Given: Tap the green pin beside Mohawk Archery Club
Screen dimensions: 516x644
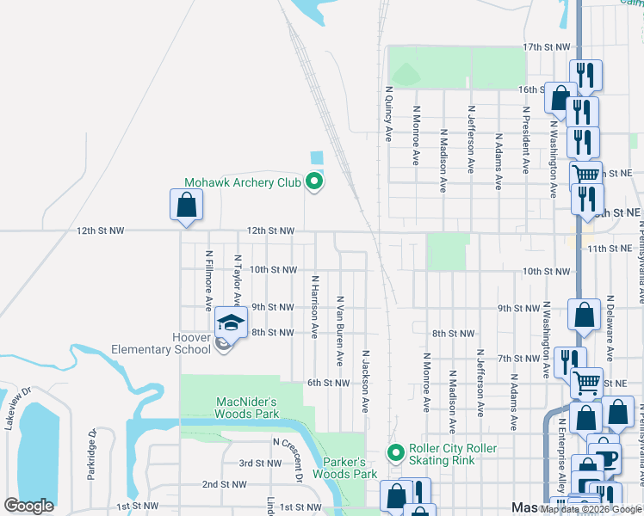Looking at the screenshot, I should (315, 181).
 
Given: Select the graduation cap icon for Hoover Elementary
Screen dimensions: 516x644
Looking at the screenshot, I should (230, 322).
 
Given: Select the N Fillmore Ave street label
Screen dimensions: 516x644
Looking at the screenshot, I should (208, 281).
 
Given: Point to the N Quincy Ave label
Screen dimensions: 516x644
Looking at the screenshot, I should (388, 113).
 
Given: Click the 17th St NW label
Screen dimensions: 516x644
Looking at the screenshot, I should (547, 46).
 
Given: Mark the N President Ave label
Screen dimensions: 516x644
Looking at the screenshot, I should (525, 141).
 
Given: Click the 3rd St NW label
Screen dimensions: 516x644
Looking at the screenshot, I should (260, 463).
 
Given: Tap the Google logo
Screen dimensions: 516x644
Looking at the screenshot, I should (29, 507).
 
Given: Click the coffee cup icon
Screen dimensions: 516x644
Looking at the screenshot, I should (607, 457).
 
